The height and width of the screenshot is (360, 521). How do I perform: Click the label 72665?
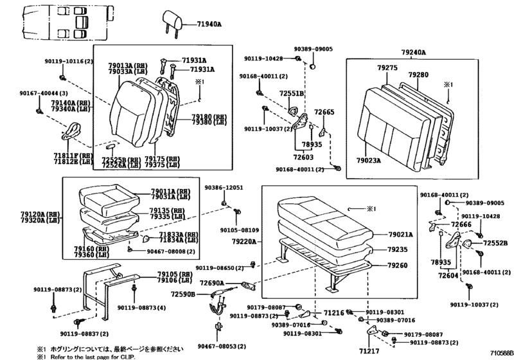coord(324,112)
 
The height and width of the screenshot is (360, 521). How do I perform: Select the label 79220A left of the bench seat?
coord(247,242)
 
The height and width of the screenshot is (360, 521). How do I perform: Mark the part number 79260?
coord(398,264)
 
